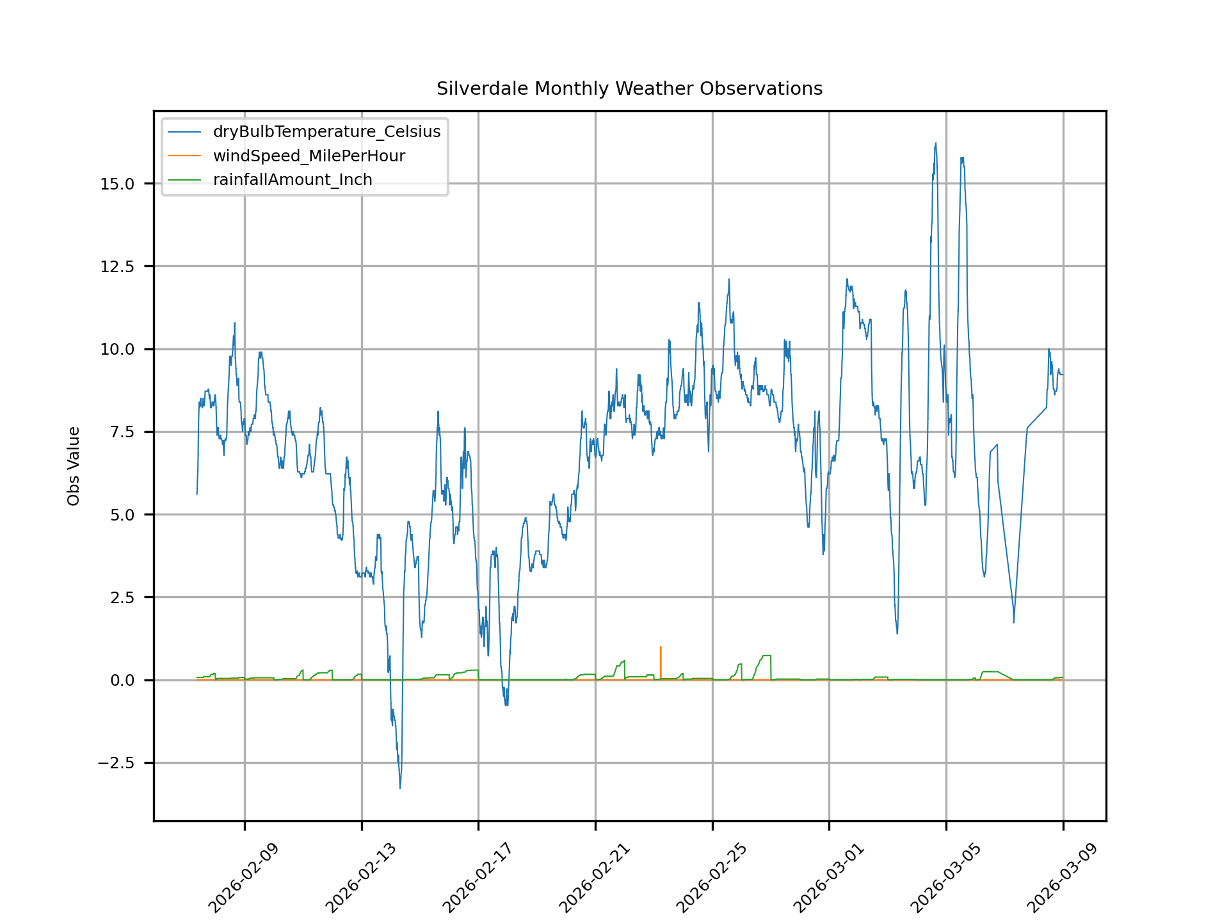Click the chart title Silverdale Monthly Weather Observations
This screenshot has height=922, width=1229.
(629, 88)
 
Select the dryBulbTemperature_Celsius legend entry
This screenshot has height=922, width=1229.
(326, 132)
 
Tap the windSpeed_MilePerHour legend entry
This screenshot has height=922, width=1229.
(309, 156)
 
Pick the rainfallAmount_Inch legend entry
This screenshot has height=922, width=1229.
(293, 180)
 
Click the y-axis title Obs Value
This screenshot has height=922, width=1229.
(74, 465)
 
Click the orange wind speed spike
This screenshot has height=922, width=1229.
(661, 648)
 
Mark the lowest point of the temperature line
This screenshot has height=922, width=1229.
(400, 788)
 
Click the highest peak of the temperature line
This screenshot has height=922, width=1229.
(935, 143)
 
